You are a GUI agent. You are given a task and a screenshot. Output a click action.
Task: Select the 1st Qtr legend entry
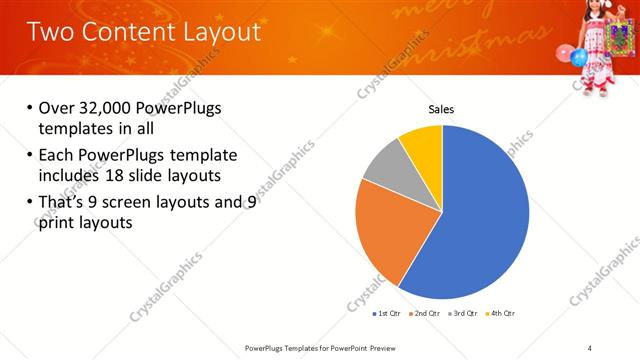(386, 314)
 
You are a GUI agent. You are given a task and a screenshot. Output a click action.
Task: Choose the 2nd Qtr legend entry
(425, 314)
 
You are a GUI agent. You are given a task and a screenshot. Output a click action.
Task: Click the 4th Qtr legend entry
(502, 314)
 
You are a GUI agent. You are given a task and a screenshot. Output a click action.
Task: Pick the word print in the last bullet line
(57, 223)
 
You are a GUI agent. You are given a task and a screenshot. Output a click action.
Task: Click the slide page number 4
(590, 347)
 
